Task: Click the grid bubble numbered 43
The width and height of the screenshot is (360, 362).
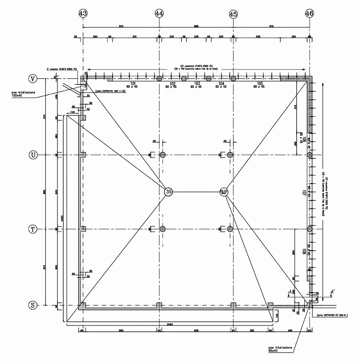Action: pos(83,14)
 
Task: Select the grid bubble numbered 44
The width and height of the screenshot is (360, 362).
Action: pos(159,14)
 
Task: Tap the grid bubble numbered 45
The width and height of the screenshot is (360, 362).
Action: pos(233,14)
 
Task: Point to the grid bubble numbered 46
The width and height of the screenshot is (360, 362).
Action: pos(310,14)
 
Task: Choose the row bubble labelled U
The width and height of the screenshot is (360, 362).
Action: pos(33,155)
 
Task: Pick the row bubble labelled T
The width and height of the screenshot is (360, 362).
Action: pos(33,229)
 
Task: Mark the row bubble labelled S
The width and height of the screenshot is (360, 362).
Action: pos(33,305)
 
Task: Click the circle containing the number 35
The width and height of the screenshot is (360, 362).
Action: pos(169,192)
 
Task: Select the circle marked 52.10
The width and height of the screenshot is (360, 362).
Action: pos(223,192)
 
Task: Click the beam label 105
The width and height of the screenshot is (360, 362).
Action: pos(259,84)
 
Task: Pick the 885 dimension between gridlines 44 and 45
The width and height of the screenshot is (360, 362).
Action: pos(196,26)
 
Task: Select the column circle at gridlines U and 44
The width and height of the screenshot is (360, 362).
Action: pos(163,155)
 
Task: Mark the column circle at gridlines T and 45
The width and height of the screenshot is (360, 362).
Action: pos(230,229)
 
